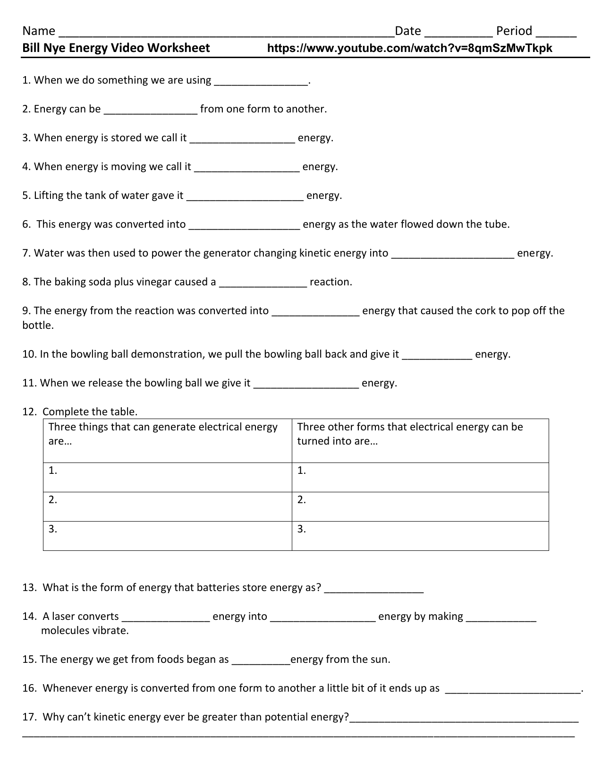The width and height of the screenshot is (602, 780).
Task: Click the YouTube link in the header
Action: pos(409,48)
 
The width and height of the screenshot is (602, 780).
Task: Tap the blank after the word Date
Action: pos(458,33)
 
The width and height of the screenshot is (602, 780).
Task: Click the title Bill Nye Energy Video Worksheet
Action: pos(116,48)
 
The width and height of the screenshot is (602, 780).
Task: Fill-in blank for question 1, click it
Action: pos(260,82)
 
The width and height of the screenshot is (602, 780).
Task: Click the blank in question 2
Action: pos(150,111)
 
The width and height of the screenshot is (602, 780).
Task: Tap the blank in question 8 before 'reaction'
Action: pos(263,284)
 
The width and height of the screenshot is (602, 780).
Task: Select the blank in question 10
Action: pos(437,356)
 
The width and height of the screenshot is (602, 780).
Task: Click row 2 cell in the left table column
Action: pos(167,506)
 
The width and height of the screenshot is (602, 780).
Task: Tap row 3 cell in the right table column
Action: pos(420,536)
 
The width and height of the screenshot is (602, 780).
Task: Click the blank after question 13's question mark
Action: pos(374,590)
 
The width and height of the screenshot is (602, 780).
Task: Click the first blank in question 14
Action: pos(165,618)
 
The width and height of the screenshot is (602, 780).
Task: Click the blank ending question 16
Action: pos(513,690)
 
